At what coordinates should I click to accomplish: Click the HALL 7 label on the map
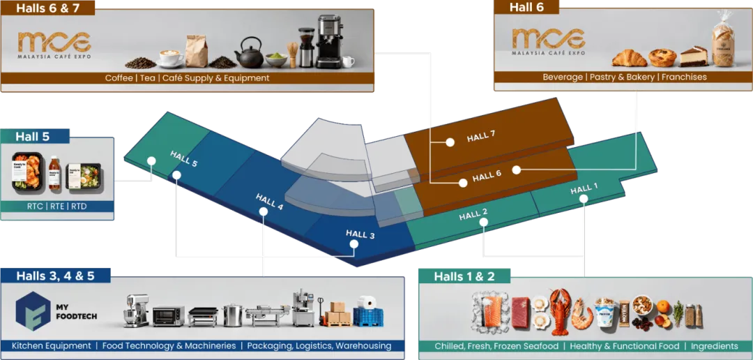pos(481,137)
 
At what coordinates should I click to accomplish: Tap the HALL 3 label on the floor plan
pos(360,235)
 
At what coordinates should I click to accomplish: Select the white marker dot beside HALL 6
pos(517,170)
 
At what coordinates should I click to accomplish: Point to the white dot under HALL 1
pos(584,199)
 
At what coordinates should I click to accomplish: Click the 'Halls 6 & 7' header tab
pos(47,9)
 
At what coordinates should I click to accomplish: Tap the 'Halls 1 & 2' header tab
pos(464,276)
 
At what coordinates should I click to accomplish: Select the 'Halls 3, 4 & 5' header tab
pos(55,276)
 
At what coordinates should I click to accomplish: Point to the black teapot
pos(248,54)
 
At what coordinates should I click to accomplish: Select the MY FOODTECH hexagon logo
pos(33,310)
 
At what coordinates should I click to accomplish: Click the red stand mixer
pos(137,311)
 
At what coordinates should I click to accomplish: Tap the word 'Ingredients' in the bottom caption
pos(715,346)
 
